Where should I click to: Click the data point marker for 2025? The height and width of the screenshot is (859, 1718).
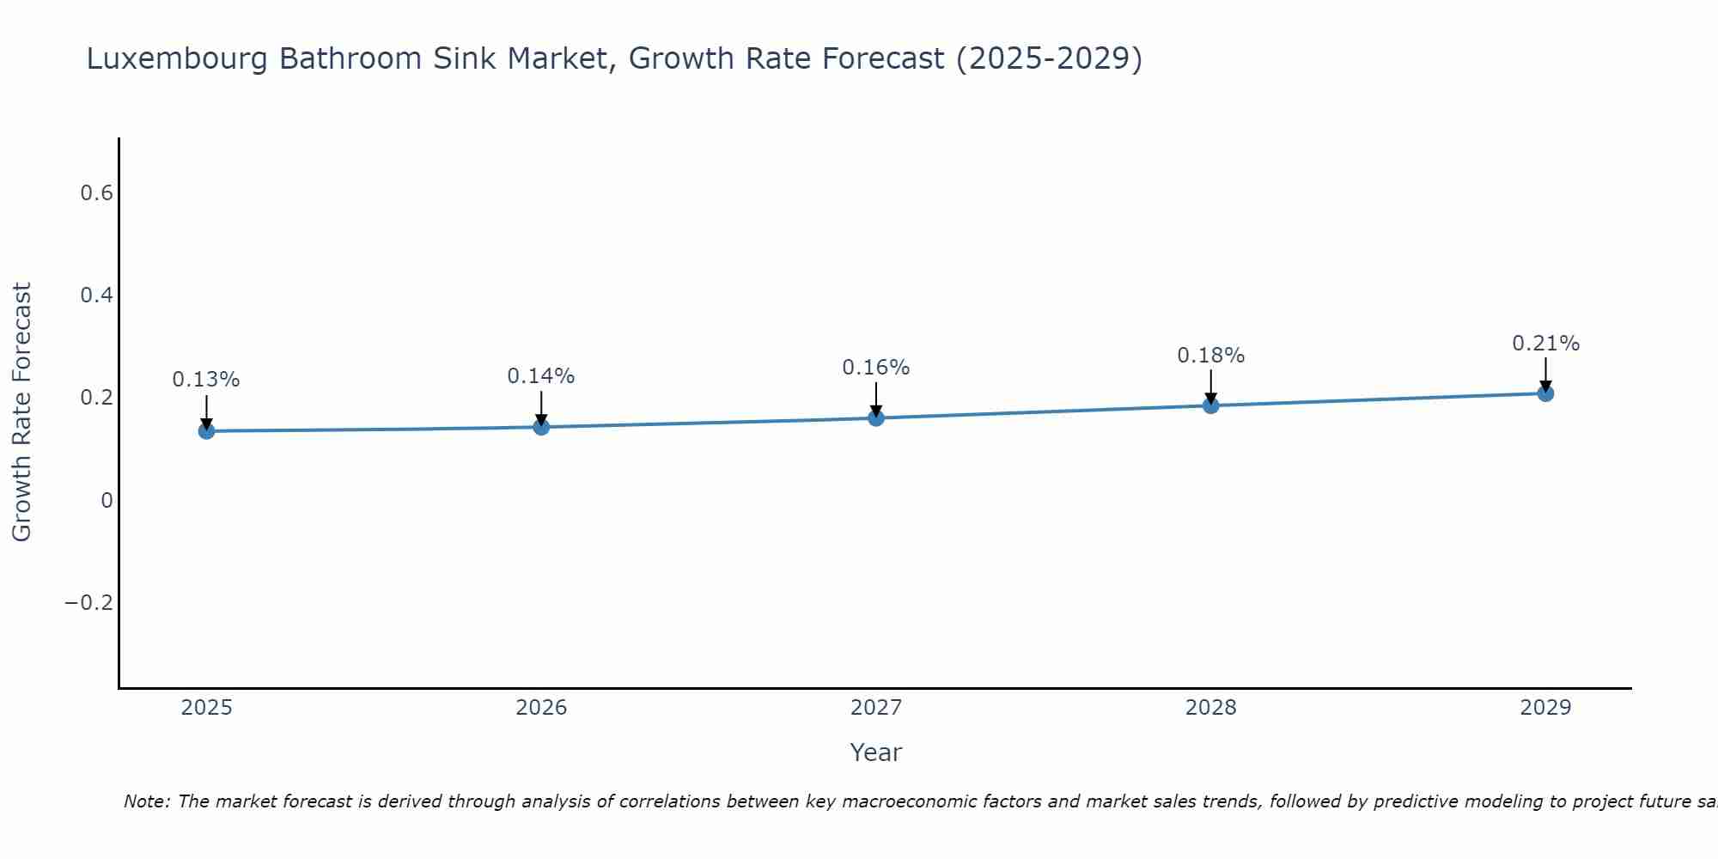click(x=206, y=430)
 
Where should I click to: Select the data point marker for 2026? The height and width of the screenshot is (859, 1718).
click(x=541, y=426)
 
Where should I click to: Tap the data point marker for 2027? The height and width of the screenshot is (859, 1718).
click(x=876, y=417)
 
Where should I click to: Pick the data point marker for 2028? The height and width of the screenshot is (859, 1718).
click(x=1211, y=405)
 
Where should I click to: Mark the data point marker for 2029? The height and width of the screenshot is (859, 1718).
click(x=1545, y=393)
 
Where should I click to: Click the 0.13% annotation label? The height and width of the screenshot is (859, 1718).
click(x=206, y=380)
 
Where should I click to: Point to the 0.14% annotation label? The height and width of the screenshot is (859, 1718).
click(x=541, y=376)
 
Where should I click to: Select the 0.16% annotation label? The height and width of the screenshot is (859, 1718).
click(x=876, y=368)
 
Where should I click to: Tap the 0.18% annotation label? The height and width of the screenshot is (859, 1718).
click(x=1211, y=356)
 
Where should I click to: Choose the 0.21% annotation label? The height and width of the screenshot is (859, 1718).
click(x=1545, y=344)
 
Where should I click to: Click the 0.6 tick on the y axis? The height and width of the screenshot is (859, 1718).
click(x=97, y=193)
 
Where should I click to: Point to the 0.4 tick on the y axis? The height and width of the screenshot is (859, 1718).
click(x=97, y=295)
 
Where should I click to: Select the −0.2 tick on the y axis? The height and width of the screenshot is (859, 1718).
click(x=89, y=603)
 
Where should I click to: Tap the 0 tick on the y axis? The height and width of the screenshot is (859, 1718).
click(x=107, y=501)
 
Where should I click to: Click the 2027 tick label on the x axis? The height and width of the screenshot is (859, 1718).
click(x=876, y=708)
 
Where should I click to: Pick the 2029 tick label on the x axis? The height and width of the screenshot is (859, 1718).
click(x=1545, y=708)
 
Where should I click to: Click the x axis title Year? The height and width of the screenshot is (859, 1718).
click(x=876, y=752)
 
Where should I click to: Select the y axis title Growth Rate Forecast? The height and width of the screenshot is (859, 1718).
click(x=22, y=412)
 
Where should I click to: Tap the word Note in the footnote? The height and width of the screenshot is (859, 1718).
click(x=144, y=801)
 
